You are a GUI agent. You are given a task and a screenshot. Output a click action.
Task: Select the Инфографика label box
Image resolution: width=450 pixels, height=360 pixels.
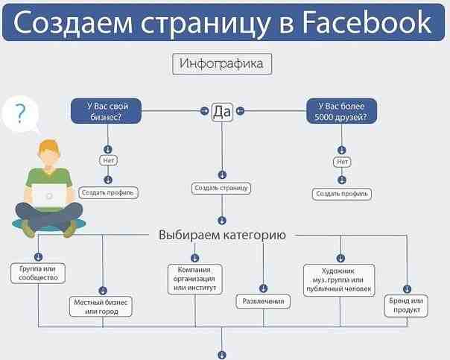pos(222,63)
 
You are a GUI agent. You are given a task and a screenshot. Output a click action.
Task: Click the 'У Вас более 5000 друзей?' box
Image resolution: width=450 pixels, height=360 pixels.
pos(342,111)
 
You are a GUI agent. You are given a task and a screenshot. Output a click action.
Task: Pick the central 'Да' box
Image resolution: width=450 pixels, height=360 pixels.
pos(222,111)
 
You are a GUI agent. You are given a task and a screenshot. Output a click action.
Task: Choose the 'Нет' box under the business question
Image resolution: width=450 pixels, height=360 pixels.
pos(109,160)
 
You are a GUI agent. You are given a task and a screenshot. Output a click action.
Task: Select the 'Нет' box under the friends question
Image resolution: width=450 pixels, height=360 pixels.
pos(342,161)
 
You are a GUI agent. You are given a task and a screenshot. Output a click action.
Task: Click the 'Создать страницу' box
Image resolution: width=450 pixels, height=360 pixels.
pos(221,189)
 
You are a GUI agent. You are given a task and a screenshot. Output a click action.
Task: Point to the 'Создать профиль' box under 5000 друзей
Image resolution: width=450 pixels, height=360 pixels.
pos(342,194)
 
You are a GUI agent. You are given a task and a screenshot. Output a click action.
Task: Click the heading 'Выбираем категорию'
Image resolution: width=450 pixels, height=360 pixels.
pos(222,235)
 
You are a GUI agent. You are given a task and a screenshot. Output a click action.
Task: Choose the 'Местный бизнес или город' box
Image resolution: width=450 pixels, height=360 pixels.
pos(102,306)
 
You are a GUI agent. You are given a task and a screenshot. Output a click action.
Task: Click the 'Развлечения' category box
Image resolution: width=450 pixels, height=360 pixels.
pos(264,302)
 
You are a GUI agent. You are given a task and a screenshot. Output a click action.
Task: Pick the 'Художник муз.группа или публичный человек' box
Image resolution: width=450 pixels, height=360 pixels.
pos(339,279)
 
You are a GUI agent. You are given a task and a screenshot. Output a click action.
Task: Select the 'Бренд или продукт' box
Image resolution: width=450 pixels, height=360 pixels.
pos(407,305)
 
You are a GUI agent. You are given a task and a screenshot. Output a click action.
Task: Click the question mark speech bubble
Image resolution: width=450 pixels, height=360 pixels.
pos(20,114)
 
